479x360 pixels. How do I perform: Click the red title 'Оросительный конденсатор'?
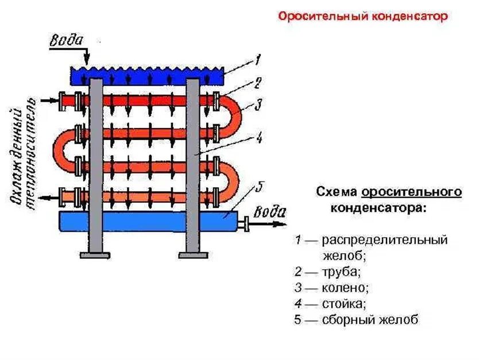pos(362,16)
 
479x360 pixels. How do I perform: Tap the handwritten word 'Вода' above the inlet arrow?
pos(67,41)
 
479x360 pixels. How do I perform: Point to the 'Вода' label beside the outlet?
pos(269,212)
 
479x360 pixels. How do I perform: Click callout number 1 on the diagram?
pos(258,59)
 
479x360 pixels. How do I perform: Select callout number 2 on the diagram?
pos(258,83)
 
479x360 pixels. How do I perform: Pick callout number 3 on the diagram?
pos(258,105)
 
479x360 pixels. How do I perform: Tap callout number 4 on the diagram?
pos(259,138)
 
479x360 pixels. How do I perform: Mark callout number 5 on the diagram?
pos(258,187)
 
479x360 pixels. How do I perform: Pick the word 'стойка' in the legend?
pos(343,303)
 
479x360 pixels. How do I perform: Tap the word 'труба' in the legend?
pos(341,270)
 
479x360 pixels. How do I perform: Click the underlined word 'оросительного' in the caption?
pos(411,191)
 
